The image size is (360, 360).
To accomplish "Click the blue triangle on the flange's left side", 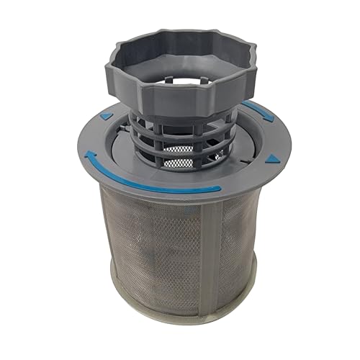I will (x=107, y=115).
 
